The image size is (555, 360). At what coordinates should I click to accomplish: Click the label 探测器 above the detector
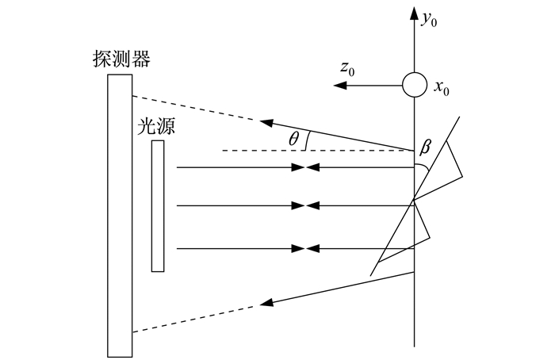pos(121,59)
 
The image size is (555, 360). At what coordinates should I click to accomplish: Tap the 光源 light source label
pos(156,126)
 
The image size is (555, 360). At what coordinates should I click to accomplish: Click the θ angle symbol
pos(294,139)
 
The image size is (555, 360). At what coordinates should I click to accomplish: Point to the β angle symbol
pos(425,147)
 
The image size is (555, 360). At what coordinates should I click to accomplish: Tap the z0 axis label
pos(347,68)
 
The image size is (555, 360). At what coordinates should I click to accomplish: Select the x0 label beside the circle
pos(442,87)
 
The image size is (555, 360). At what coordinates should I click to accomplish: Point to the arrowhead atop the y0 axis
pos(414,13)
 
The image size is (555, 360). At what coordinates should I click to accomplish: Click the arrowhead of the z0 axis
pos(340,86)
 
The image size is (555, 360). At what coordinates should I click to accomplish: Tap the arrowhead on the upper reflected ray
pos(267,123)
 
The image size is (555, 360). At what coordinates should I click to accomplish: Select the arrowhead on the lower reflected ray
pos(267,302)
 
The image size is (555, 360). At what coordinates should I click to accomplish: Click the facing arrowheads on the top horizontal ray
pos(305,167)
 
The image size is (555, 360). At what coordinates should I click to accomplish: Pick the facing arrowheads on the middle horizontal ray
pos(305,205)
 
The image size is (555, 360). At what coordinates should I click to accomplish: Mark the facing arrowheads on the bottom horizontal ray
pos(305,249)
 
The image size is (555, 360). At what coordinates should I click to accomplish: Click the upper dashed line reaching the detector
pos(196,109)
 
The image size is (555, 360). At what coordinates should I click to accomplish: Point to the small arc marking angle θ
pos(308,140)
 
